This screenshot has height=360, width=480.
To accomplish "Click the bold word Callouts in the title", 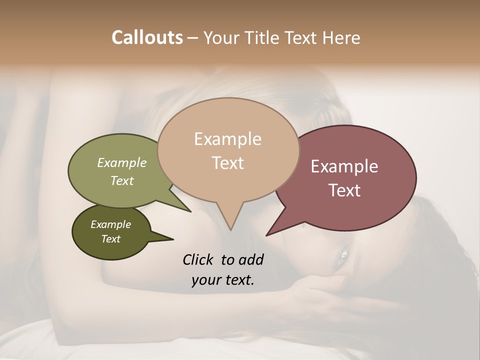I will pos(147,37).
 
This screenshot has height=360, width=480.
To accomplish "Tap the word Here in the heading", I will pos(342,37).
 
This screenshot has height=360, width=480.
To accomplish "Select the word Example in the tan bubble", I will pos(227,139).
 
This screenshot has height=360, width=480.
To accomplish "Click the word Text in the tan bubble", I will pos(227,162).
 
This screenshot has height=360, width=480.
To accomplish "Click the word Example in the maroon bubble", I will pos(344,166).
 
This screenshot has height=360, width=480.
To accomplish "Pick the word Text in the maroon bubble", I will pos(344,190).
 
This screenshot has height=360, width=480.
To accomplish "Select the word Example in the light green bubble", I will pos(121,162).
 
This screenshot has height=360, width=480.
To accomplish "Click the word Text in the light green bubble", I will pos(121,180).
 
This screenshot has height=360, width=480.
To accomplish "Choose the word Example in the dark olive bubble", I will pos(110,224).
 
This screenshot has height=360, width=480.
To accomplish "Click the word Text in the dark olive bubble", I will pos(110,239).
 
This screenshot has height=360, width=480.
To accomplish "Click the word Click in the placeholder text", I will pos(198,259).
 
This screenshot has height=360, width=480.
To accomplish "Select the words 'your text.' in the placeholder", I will pos(222,280).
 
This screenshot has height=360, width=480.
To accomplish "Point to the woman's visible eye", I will pos(342,256).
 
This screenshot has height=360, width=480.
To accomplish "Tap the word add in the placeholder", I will pos(250,259).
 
